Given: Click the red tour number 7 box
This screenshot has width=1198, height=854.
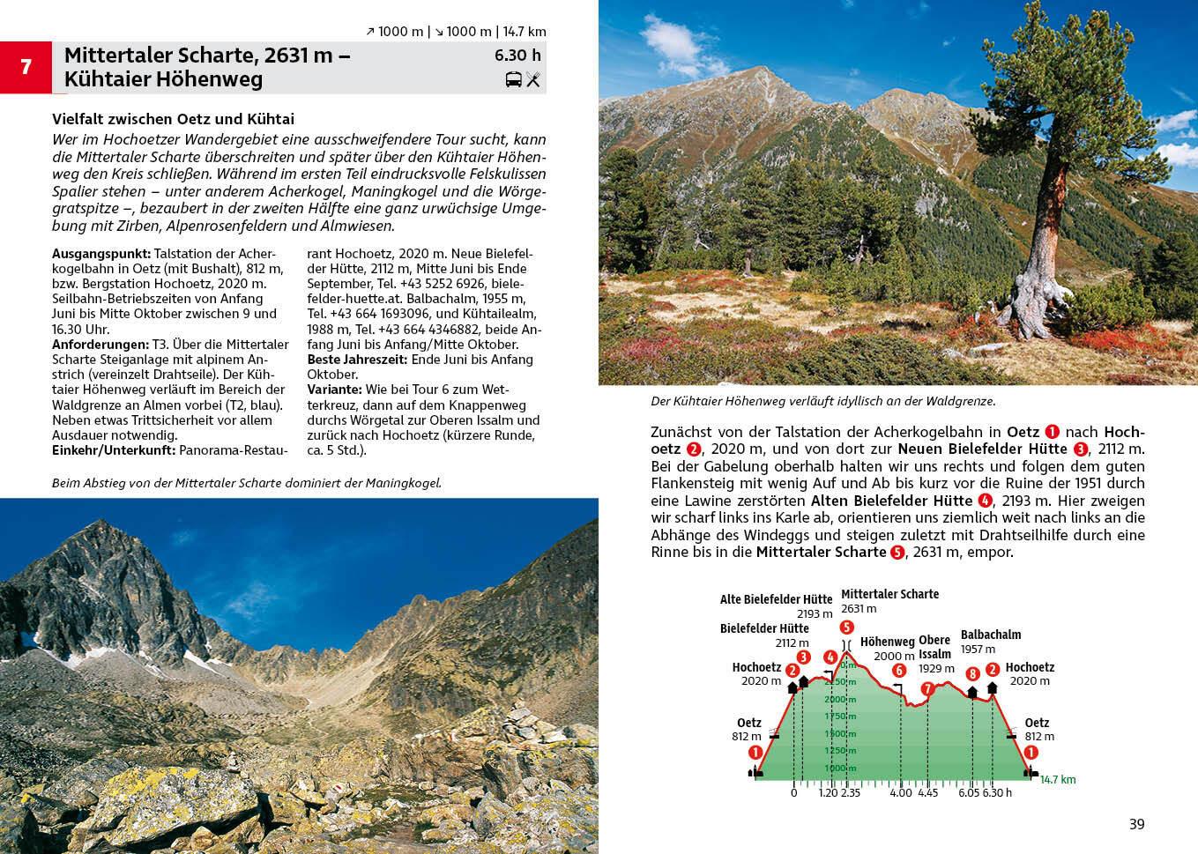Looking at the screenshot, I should coord(26,67).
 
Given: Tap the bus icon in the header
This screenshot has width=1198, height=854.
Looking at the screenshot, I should coord(513,80).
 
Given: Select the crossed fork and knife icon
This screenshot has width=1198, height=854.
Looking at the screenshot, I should coord(532,80).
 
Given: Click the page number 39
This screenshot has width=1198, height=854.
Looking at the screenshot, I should coord(1136,824).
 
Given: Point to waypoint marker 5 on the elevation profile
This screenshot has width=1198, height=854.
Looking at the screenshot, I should coord(846,628).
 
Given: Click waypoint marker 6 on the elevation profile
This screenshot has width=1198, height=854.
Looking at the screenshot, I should coord(898,671).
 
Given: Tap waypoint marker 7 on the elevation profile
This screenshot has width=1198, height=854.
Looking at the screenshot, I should coord(926,688).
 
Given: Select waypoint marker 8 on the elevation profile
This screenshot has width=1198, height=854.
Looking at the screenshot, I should coord(972,674).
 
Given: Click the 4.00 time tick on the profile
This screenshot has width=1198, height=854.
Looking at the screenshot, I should coord(900,792).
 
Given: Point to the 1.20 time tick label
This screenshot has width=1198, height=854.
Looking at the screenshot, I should coord(827,792).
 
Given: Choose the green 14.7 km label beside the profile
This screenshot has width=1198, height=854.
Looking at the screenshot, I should coord(1058,779).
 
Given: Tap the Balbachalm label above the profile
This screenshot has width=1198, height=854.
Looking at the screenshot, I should coord(990,635).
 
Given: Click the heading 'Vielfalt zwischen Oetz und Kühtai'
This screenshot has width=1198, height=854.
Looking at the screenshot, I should coord(173,119).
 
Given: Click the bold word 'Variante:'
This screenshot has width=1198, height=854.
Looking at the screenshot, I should coord(334,390).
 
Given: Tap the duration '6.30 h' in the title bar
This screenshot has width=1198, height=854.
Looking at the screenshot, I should coord(517,56).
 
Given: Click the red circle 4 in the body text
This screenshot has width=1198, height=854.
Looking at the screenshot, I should coord(985,501).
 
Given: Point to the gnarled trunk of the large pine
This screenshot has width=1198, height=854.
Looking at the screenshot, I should coord(1031,282).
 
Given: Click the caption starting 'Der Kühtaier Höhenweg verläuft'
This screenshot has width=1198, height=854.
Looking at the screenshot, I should coord(822,401).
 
